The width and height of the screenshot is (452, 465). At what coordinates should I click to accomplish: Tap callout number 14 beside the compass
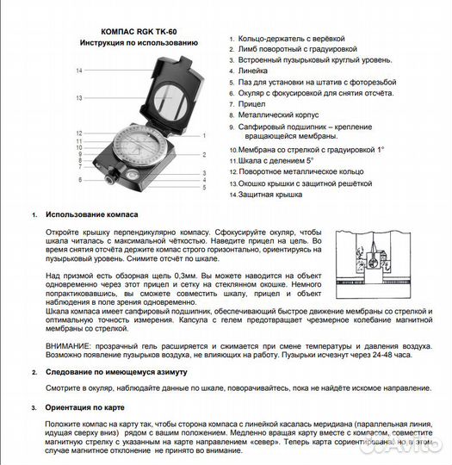(x=78, y=71)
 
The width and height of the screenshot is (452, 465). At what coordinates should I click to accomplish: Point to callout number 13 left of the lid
(x=78, y=99)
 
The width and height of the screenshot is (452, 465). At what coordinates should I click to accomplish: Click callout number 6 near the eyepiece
(x=79, y=180)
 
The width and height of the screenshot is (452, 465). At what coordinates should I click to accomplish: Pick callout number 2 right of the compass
(x=204, y=155)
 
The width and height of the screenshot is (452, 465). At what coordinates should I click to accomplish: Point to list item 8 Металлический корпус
(x=278, y=114)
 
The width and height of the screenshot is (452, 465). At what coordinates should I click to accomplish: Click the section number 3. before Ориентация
(x=33, y=410)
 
